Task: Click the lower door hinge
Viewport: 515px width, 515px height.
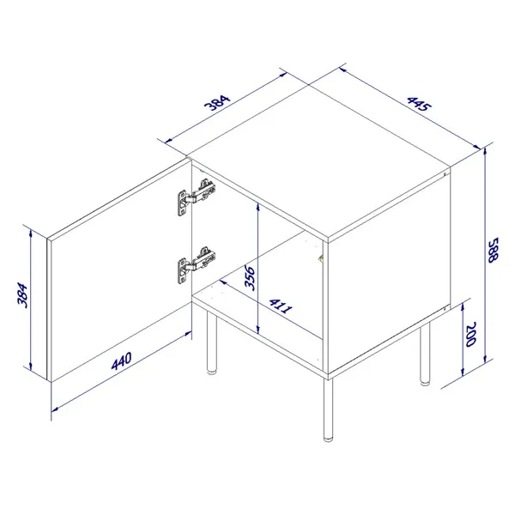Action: tap(196, 261)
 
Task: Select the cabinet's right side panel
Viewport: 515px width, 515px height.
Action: tap(391, 275)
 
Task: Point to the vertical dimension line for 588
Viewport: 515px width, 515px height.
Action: tap(486, 257)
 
